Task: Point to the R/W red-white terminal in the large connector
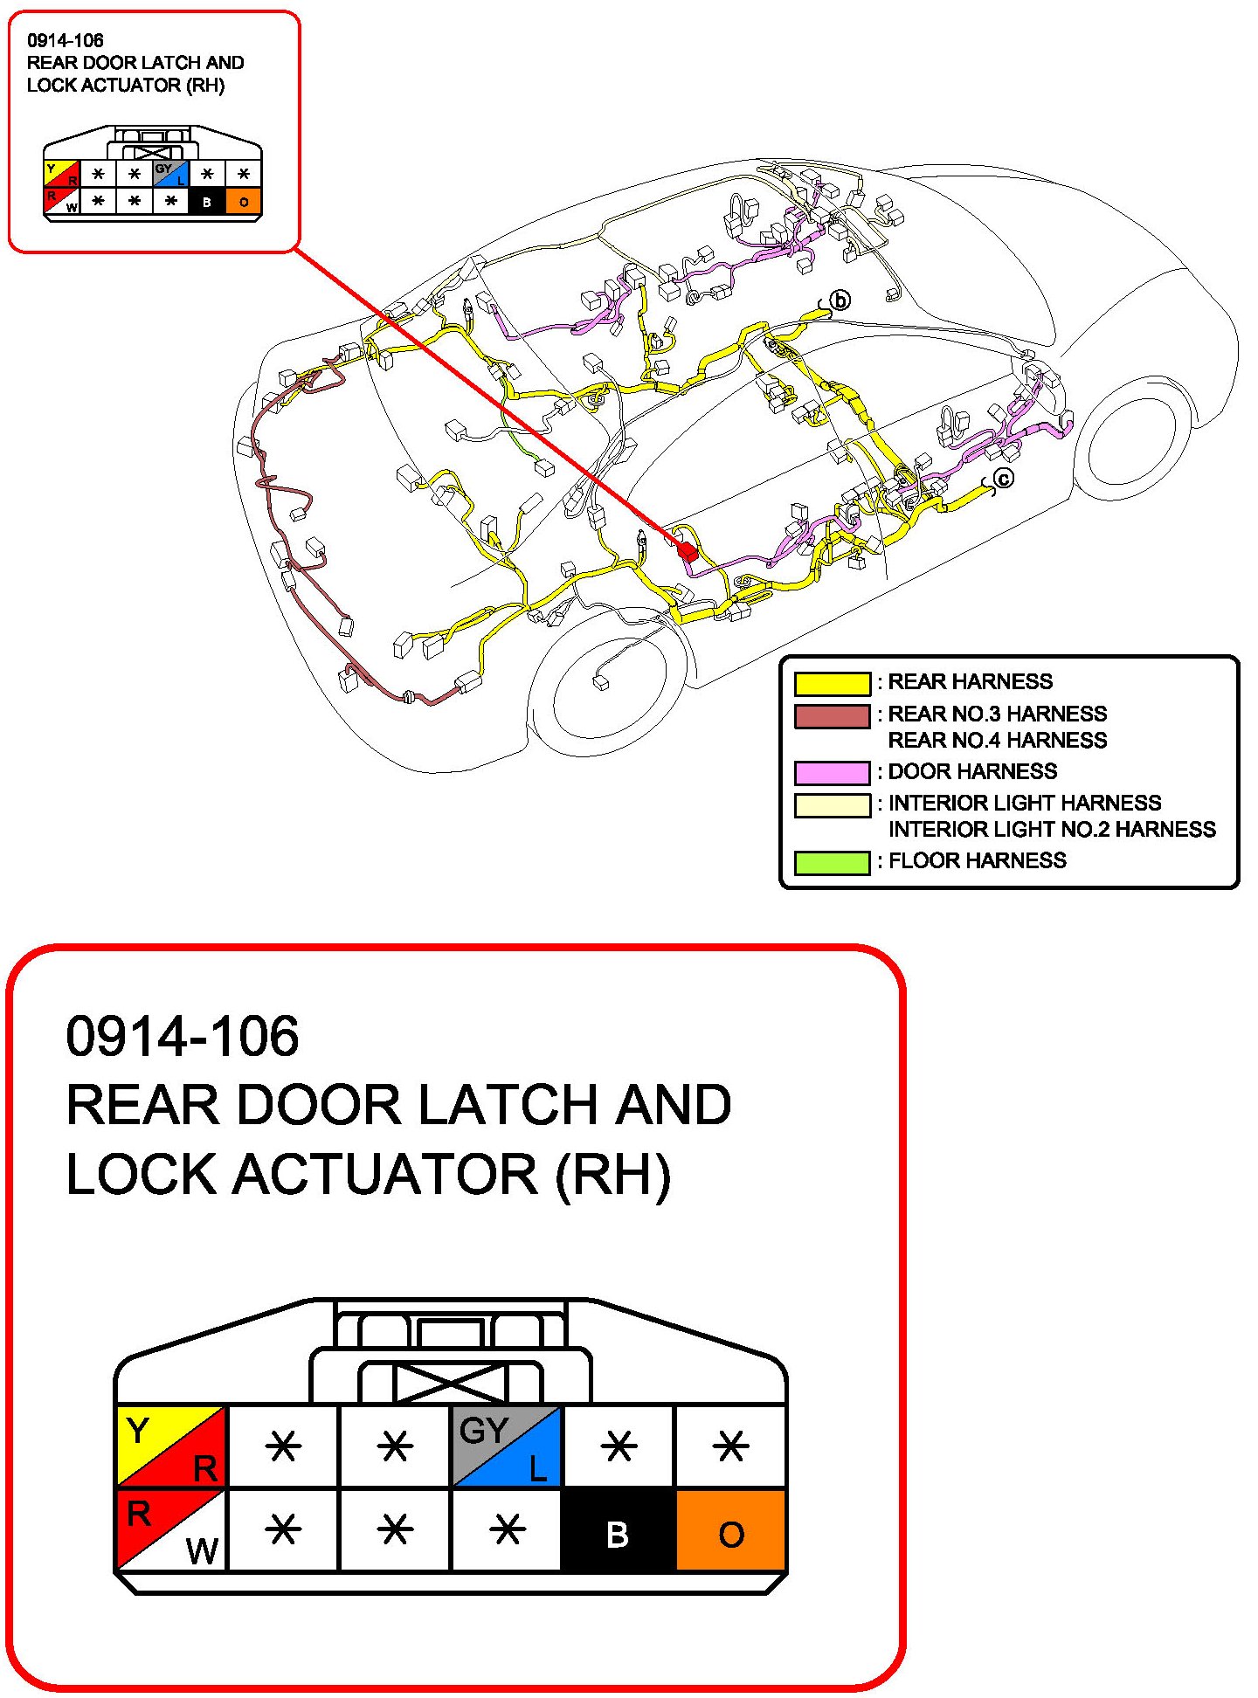171,1531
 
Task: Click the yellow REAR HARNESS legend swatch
832,683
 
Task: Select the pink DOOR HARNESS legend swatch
832,773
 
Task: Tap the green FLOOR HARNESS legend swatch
832,862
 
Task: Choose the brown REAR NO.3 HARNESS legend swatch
832,716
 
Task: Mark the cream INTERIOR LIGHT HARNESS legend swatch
832,804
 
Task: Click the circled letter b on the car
840,300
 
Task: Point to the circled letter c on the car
1004,478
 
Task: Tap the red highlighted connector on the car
688,551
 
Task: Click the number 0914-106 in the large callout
183,1037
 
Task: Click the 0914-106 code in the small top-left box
66,40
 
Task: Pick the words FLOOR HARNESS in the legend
977,860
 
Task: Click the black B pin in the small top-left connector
207,202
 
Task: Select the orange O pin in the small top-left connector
243,202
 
